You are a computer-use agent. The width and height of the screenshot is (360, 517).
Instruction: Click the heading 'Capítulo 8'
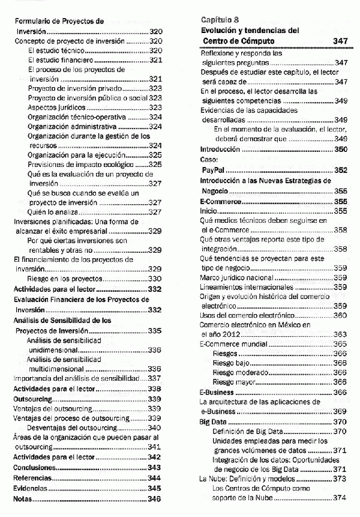click(x=220, y=20)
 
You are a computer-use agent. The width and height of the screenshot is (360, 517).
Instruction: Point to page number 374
click(x=340, y=497)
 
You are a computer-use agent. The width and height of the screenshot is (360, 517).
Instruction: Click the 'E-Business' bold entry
click(x=216, y=392)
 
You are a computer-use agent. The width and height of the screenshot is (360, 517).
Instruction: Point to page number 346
click(x=155, y=498)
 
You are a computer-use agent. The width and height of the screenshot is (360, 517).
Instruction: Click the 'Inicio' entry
click(x=208, y=211)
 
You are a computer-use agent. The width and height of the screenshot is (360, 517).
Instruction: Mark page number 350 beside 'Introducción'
click(x=340, y=149)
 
